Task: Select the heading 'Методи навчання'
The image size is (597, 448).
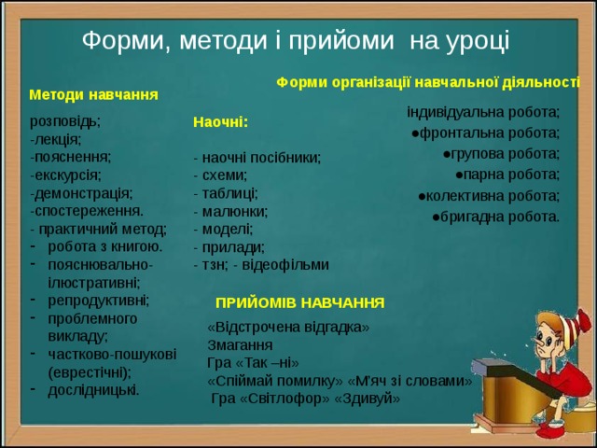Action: [93, 94]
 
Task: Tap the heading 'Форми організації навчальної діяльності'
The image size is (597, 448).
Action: [428, 81]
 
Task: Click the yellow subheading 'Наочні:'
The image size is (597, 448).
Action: [219, 121]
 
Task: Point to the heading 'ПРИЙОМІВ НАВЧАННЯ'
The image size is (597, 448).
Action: [299, 303]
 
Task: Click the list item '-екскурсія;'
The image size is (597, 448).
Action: [65, 175]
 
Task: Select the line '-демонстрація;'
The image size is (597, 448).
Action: [80, 193]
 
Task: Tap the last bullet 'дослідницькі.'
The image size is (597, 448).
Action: [93, 389]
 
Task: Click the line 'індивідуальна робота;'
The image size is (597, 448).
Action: [483, 111]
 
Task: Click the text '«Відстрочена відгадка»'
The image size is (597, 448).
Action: [288, 328]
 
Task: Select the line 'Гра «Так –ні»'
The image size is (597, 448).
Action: [253, 363]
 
